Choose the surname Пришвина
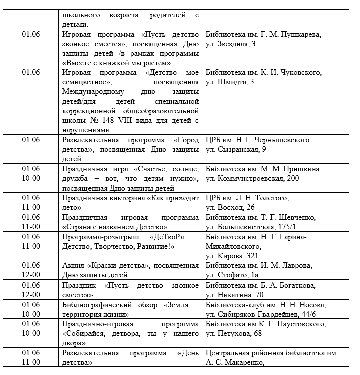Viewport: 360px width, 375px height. pyautogui.click(x=299, y=168)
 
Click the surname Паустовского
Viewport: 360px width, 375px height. pyautogui.click(x=298, y=324)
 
